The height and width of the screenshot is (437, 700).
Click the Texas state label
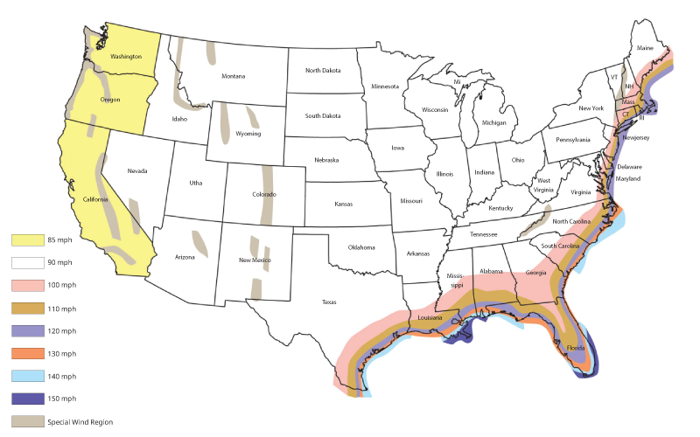[x=329, y=302]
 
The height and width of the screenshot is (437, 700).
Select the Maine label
[x=645, y=48]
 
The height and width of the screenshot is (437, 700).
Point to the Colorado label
[x=263, y=194]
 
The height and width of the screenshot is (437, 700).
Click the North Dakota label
[x=324, y=71]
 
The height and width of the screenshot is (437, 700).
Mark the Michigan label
[x=494, y=123]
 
